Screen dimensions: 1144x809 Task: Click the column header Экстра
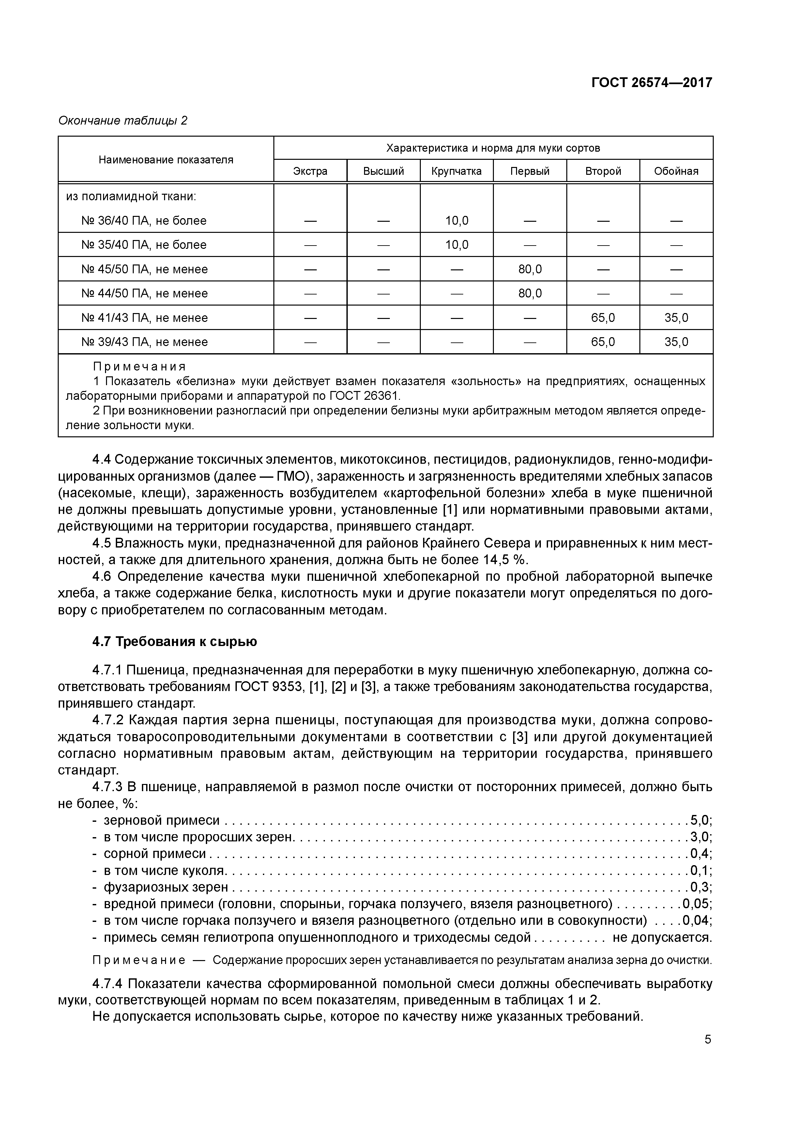point(310,172)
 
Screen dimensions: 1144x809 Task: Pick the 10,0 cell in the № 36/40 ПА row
point(457,221)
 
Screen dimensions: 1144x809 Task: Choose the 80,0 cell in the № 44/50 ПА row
point(530,294)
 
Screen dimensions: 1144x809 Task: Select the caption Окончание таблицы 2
point(123,121)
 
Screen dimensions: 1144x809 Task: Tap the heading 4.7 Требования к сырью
point(175,642)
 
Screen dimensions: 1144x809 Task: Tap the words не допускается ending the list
point(662,937)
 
